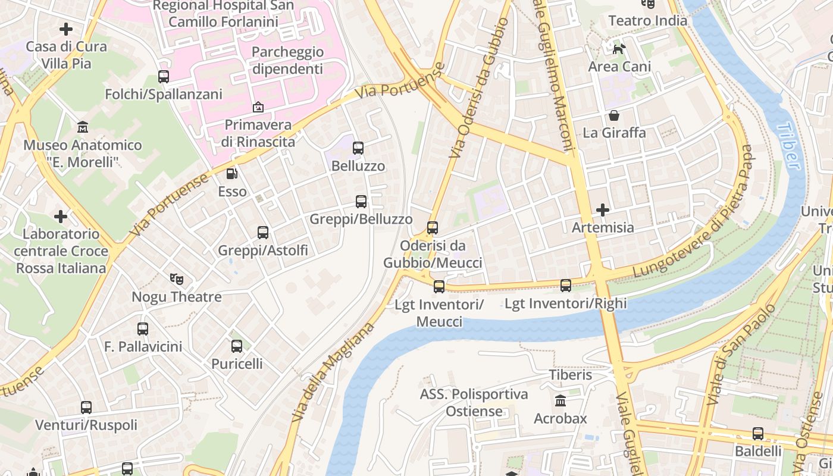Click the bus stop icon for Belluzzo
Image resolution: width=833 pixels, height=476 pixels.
point(358,148)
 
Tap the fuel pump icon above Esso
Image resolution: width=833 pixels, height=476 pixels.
point(232,174)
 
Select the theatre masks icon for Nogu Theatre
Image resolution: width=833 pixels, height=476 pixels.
point(176,278)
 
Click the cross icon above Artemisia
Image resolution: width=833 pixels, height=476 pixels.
point(603,210)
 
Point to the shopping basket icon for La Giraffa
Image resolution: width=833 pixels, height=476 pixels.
point(614,115)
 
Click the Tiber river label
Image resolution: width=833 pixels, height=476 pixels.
point(790,146)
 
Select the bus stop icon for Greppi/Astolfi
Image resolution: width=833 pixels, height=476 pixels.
point(263,233)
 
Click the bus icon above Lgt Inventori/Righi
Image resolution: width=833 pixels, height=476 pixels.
point(566,286)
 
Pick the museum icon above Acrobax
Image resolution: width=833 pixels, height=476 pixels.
point(560,400)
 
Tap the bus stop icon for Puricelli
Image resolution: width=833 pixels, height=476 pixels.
point(237,346)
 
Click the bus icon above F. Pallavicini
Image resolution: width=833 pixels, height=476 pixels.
point(143,328)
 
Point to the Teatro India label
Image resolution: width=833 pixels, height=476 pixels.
point(647,20)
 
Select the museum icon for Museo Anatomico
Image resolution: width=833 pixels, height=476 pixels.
point(83,127)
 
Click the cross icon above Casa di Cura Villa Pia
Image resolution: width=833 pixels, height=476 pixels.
point(66,29)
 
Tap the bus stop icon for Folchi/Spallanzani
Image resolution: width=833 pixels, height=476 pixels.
point(164,77)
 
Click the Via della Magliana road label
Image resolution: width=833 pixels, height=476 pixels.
point(333,372)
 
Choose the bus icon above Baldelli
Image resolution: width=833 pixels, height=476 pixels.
point(758,433)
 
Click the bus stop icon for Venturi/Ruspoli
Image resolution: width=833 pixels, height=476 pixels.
point(86,408)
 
